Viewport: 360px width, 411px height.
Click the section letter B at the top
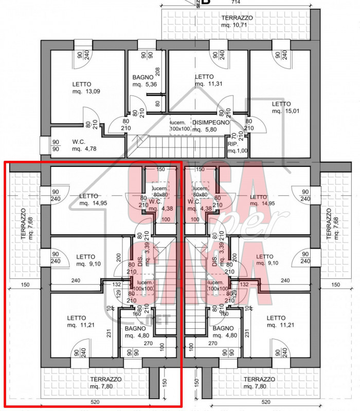[x=206, y=3]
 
